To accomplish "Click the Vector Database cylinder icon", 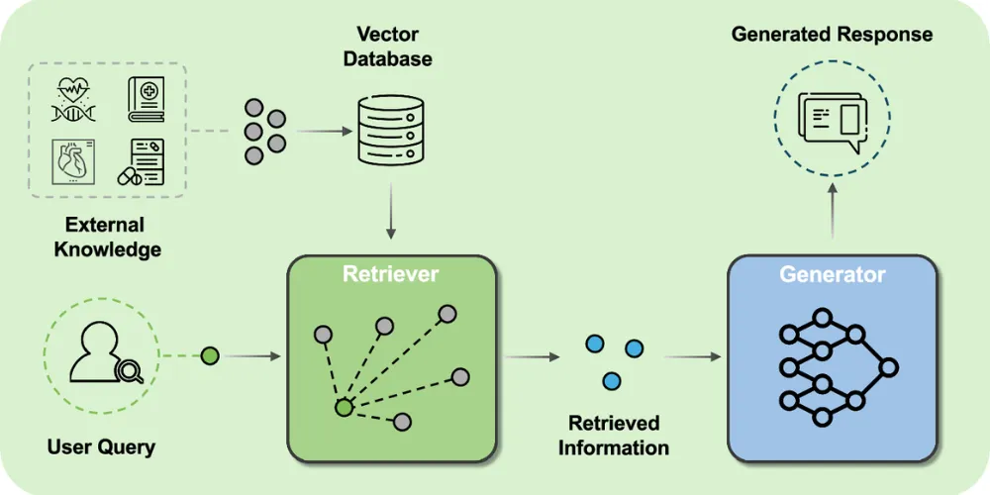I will click(x=389, y=132).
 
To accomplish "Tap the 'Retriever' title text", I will click(x=390, y=274).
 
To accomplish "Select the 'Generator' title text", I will click(x=832, y=274).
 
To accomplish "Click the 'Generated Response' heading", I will click(x=832, y=35).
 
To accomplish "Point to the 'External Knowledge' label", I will click(x=106, y=237).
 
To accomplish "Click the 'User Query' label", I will click(x=101, y=446).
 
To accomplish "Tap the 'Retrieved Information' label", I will click(x=613, y=435).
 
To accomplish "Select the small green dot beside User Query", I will click(x=209, y=355).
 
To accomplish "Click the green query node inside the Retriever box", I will click(x=343, y=407).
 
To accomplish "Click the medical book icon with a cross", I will click(x=149, y=100).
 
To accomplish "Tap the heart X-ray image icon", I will click(x=74, y=161).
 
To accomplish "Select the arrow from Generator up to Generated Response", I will click(x=832, y=212).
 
